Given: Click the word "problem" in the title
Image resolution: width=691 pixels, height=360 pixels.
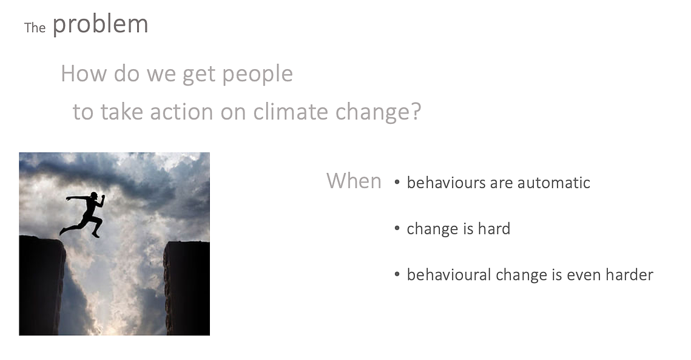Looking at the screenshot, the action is pyautogui.click(x=101, y=25).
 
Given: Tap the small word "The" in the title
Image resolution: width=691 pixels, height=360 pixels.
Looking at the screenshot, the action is pyautogui.click(x=35, y=28).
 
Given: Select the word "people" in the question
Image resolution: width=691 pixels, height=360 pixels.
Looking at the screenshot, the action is pyautogui.click(x=257, y=74).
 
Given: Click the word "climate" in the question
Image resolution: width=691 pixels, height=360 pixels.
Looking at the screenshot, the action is pyautogui.click(x=291, y=111).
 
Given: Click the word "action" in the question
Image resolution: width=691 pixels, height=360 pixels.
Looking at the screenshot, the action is pyautogui.click(x=181, y=111).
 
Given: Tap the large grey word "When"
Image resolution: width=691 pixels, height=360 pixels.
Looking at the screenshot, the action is pyautogui.click(x=354, y=181).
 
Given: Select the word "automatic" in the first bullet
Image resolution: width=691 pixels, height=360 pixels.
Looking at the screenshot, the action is pyautogui.click(x=553, y=183).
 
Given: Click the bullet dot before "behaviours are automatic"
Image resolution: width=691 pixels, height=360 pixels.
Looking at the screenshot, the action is pyautogui.click(x=397, y=182).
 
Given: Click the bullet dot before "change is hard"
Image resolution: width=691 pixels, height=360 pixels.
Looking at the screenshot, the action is pyautogui.click(x=397, y=228).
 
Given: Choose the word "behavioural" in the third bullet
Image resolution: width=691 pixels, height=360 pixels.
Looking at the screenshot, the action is pyautogui.click(x=449, y=274).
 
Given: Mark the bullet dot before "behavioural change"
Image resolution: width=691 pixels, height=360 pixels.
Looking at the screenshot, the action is pyautogui.click(x=397, y=274).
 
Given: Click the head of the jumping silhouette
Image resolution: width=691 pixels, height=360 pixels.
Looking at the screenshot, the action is pyautogui.click(x=94, y=195).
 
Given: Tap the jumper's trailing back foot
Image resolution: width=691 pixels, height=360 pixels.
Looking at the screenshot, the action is pyautogui.click(x=63, y=231).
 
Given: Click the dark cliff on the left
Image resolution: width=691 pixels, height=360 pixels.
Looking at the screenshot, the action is pyautogui.click(x=42, y=285).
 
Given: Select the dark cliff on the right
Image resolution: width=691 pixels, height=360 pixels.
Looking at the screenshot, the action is pyautogui.click(x=187, y=288).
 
